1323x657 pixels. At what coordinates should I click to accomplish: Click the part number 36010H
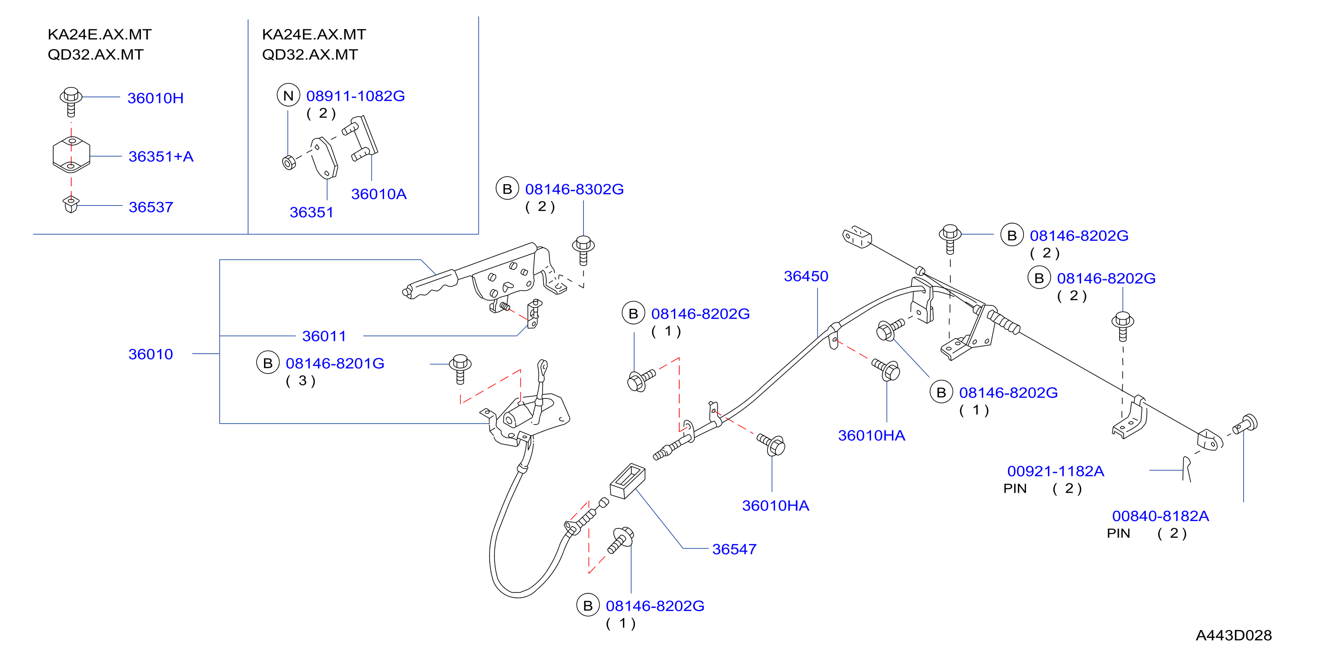click(155, 98)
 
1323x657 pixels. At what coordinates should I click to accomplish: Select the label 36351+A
click(161, 157)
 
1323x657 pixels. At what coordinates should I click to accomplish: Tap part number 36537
click(151, 207)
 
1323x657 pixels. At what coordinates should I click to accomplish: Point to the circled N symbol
click(288, 96)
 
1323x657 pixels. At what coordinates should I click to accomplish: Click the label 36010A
click(378, 194)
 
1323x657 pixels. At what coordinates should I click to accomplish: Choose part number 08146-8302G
click(574, 189)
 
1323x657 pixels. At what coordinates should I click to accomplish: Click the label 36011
click(324, 336)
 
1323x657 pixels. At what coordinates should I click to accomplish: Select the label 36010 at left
click(151, 354)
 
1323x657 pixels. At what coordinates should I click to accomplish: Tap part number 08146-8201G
click(335, 363)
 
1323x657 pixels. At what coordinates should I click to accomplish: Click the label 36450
click(806, 276)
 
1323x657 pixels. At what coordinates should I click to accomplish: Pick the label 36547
click(735, 549)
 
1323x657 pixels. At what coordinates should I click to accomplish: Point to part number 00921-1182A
click(1055, 471)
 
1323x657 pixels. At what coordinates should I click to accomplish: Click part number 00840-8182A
click(1160, 516)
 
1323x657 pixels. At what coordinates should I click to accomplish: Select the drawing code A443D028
click(1234, 635)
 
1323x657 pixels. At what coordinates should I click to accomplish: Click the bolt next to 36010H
click(71, 102)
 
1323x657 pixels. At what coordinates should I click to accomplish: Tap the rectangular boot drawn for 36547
click(627, 481)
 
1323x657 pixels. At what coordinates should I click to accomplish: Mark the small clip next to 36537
click(70, 204)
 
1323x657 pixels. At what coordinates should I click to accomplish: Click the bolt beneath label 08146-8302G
click(584, 251)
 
